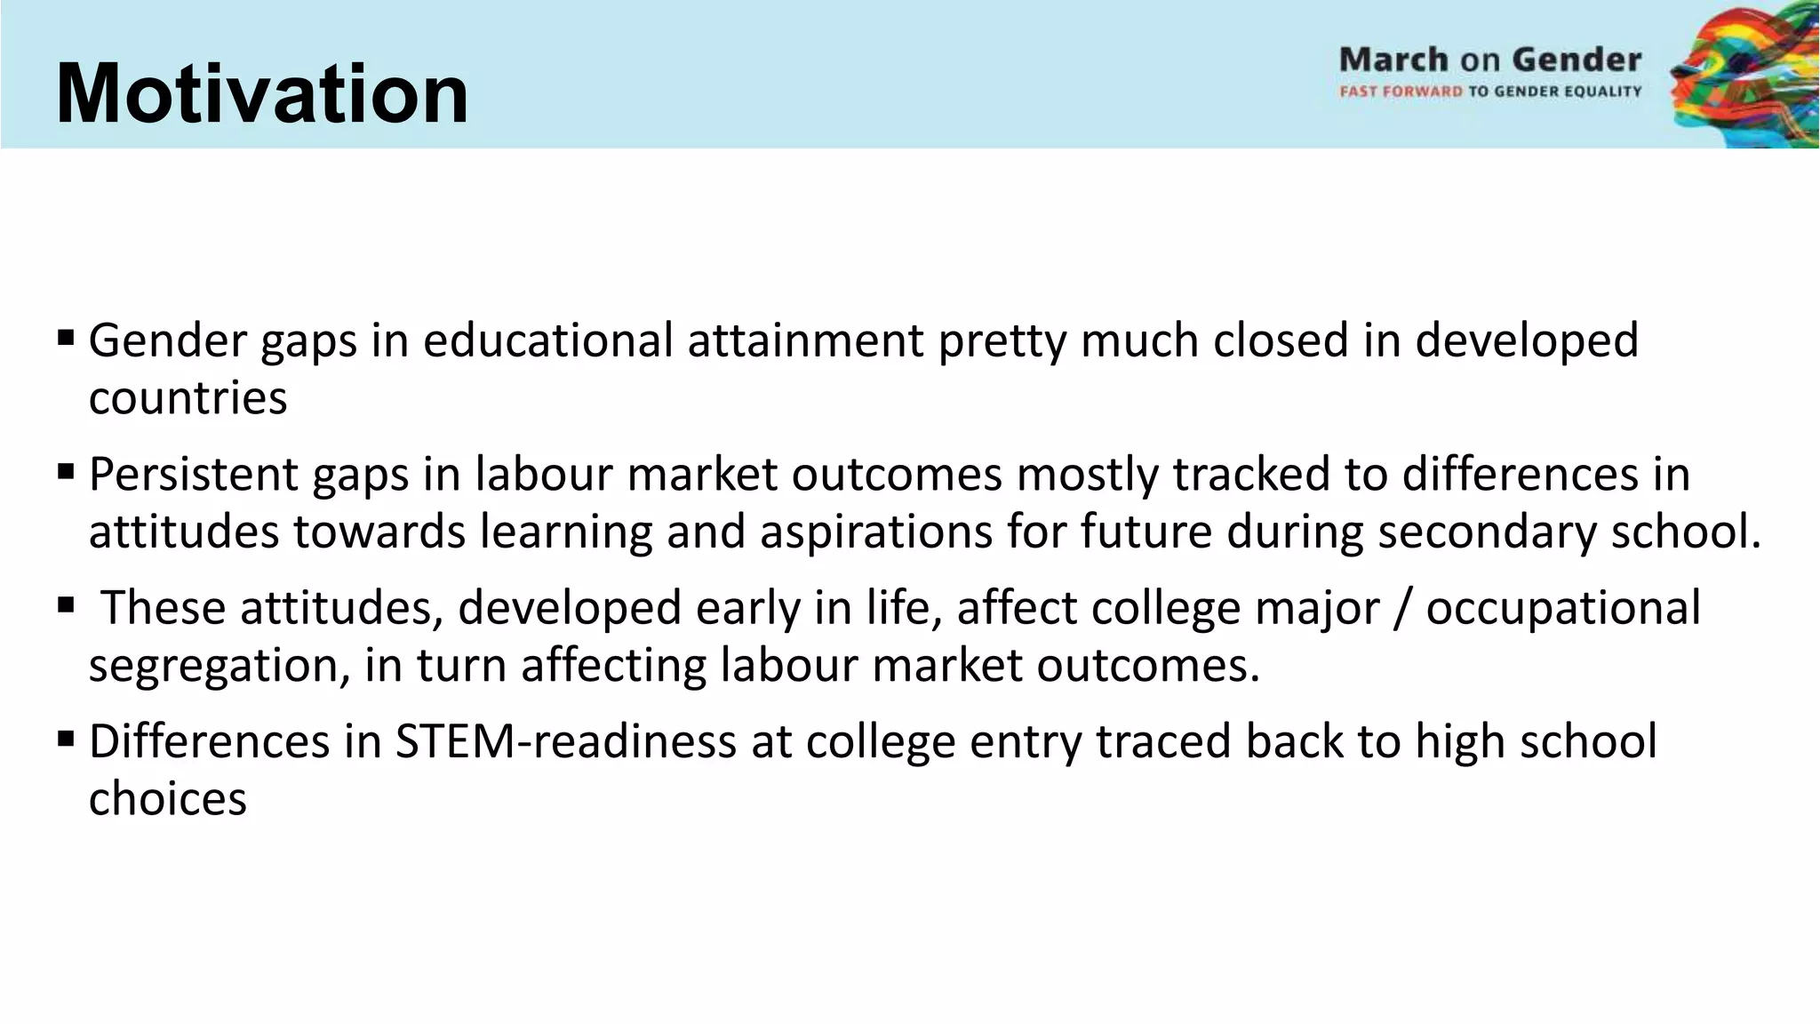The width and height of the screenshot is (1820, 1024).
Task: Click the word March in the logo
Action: coord(1393,60)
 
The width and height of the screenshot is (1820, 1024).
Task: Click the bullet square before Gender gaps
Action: coord(66,338)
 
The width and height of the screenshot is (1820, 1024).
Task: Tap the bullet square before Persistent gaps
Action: coord(66,471)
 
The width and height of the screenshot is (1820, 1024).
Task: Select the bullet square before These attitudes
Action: coord(66,605)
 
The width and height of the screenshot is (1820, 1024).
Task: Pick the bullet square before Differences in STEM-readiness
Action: coord(66,739)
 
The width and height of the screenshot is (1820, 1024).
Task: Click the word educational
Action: coord(547,341)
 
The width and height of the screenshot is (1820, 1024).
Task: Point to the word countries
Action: coord(188,398)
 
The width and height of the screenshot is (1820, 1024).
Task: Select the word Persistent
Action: coord(193,475)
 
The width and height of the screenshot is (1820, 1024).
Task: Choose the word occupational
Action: coord(1563,610)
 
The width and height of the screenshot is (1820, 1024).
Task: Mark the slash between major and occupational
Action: coord(1402,609)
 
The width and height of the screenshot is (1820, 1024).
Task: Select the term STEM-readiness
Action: coord(565,742)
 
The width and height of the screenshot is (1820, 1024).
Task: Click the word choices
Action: coord(167,799)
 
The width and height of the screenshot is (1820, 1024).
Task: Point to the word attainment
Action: coord(805,341)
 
